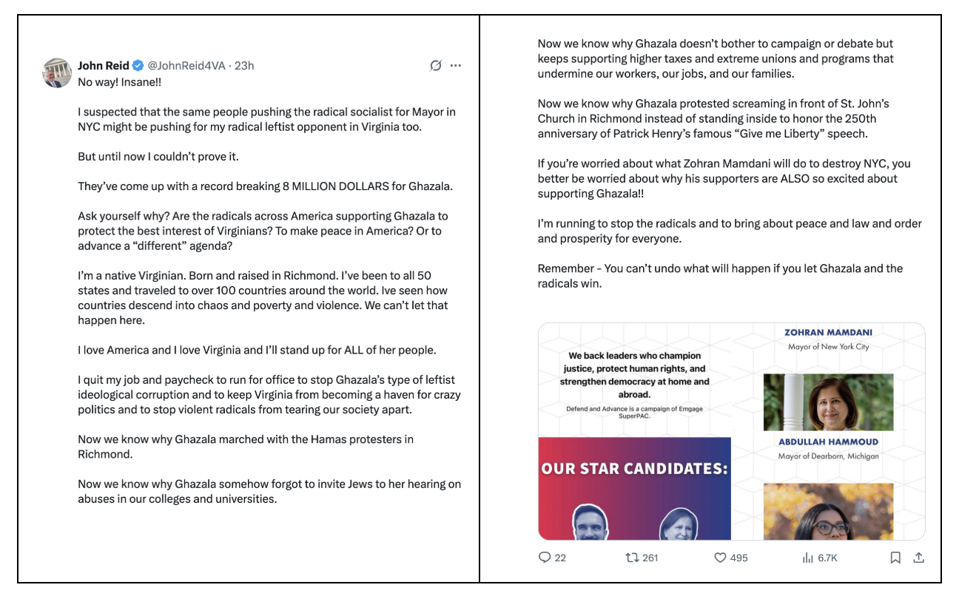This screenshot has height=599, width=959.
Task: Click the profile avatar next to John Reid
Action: tap(57, 72)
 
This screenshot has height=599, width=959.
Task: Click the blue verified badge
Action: tap(138, 66)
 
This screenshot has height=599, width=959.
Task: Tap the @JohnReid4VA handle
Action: tap(186, 66)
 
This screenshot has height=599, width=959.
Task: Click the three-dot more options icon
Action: tap(456, 66)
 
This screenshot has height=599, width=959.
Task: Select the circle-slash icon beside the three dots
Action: tap(436, 66)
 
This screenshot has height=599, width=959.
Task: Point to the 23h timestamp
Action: tap(244, 66)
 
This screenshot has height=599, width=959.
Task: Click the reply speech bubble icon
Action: tap(545, 558)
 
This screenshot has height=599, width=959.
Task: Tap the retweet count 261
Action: tap(650, 558)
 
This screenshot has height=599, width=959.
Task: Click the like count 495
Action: tap(738, 558)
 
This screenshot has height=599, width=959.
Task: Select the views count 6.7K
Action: tap(827, 558)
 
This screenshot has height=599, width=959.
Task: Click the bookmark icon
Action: tap(895, 558)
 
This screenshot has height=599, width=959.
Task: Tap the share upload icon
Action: tap(919, 558)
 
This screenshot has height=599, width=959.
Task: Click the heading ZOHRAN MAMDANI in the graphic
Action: tap(828, 333)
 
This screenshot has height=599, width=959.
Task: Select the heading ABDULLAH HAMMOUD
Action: tap(828, 442)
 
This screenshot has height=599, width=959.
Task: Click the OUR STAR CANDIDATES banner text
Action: tap(635, 469)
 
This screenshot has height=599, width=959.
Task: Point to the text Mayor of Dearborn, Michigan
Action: tap(828, 456)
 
